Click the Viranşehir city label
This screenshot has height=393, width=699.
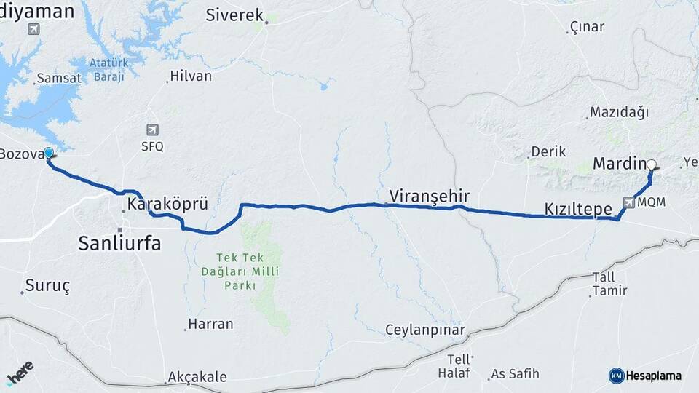point(429,196)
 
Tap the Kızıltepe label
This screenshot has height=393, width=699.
point(578,209)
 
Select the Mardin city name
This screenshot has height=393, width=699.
point(619,163)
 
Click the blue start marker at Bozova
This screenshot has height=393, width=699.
point(49,153)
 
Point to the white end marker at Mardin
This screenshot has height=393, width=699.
point(652,165)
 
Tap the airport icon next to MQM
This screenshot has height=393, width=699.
point(628,202)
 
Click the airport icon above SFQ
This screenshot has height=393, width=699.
point(152,130)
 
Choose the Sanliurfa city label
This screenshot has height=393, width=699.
point(119,244)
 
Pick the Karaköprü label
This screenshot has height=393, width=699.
point(167,205)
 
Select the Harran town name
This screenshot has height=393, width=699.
point(210,324)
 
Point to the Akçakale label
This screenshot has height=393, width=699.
point(197,377)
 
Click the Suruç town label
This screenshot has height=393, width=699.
point(47,285)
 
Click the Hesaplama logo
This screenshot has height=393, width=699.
point(645,376)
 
